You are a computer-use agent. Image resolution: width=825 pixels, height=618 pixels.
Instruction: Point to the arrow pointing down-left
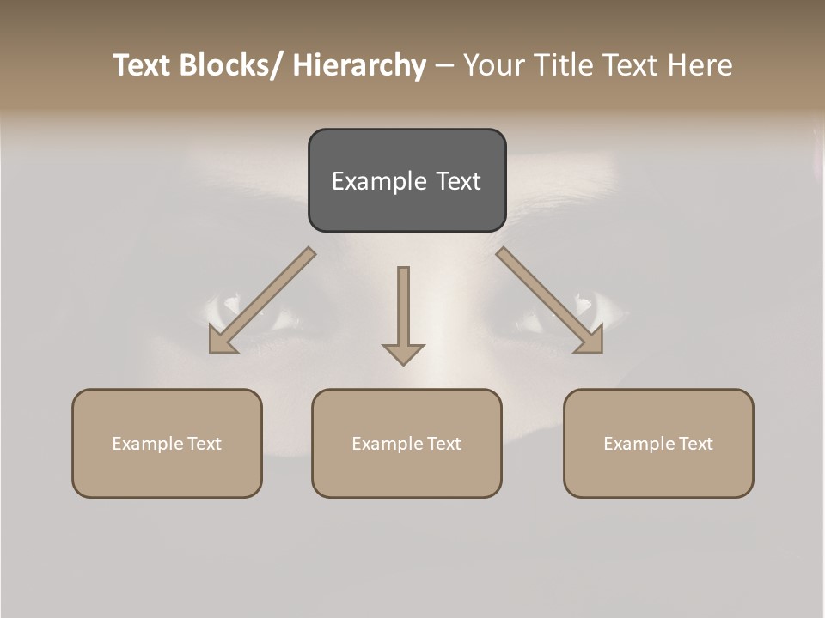(x=263, y=300)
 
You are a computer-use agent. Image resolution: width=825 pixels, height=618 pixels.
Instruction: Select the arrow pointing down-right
(x=549, y=300)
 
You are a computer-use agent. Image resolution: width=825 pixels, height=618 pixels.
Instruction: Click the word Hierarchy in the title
(x=359, y=65)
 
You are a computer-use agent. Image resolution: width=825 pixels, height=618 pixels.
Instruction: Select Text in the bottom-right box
(x=695, y=444)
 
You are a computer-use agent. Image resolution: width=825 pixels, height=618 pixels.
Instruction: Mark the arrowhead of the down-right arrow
(x=591, y=341)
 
